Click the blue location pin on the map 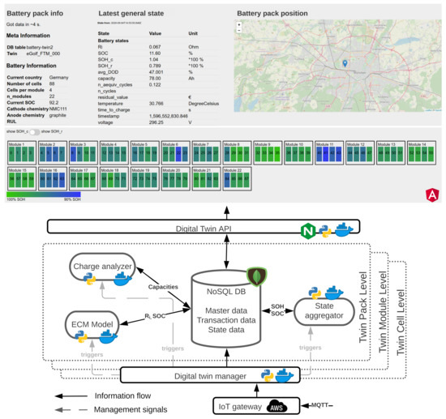(345, 63)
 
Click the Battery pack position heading (281, 14)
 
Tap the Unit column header (194, 33)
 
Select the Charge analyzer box (100, 266)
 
